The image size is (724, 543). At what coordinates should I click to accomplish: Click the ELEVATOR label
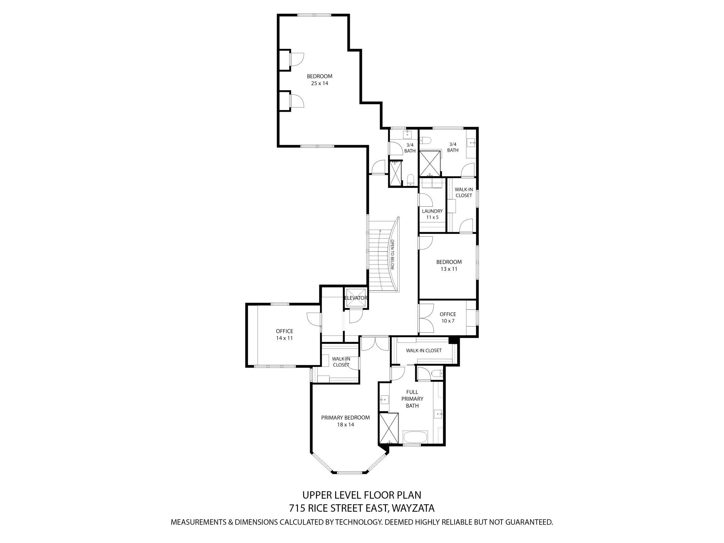(355, 298)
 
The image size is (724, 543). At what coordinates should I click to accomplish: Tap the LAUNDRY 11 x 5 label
(432, 214)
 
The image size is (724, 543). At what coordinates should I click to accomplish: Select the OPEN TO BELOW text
(392, 255)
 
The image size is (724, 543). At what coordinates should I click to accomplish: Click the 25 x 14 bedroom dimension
(320, 83)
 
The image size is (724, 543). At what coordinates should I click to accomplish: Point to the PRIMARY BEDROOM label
(345, 417)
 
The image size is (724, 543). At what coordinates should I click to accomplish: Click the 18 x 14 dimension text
(345, 425)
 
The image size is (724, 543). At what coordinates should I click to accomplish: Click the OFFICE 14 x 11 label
(284, 335)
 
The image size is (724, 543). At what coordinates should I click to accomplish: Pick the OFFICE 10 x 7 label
(448, 317)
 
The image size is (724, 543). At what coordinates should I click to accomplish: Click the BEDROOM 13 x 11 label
(449, 265)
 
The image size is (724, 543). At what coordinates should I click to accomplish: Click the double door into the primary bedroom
(375, 344)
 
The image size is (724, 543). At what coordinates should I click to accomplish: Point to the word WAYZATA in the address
(413, 508)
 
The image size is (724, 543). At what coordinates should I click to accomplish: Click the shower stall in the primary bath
(389, 428)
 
